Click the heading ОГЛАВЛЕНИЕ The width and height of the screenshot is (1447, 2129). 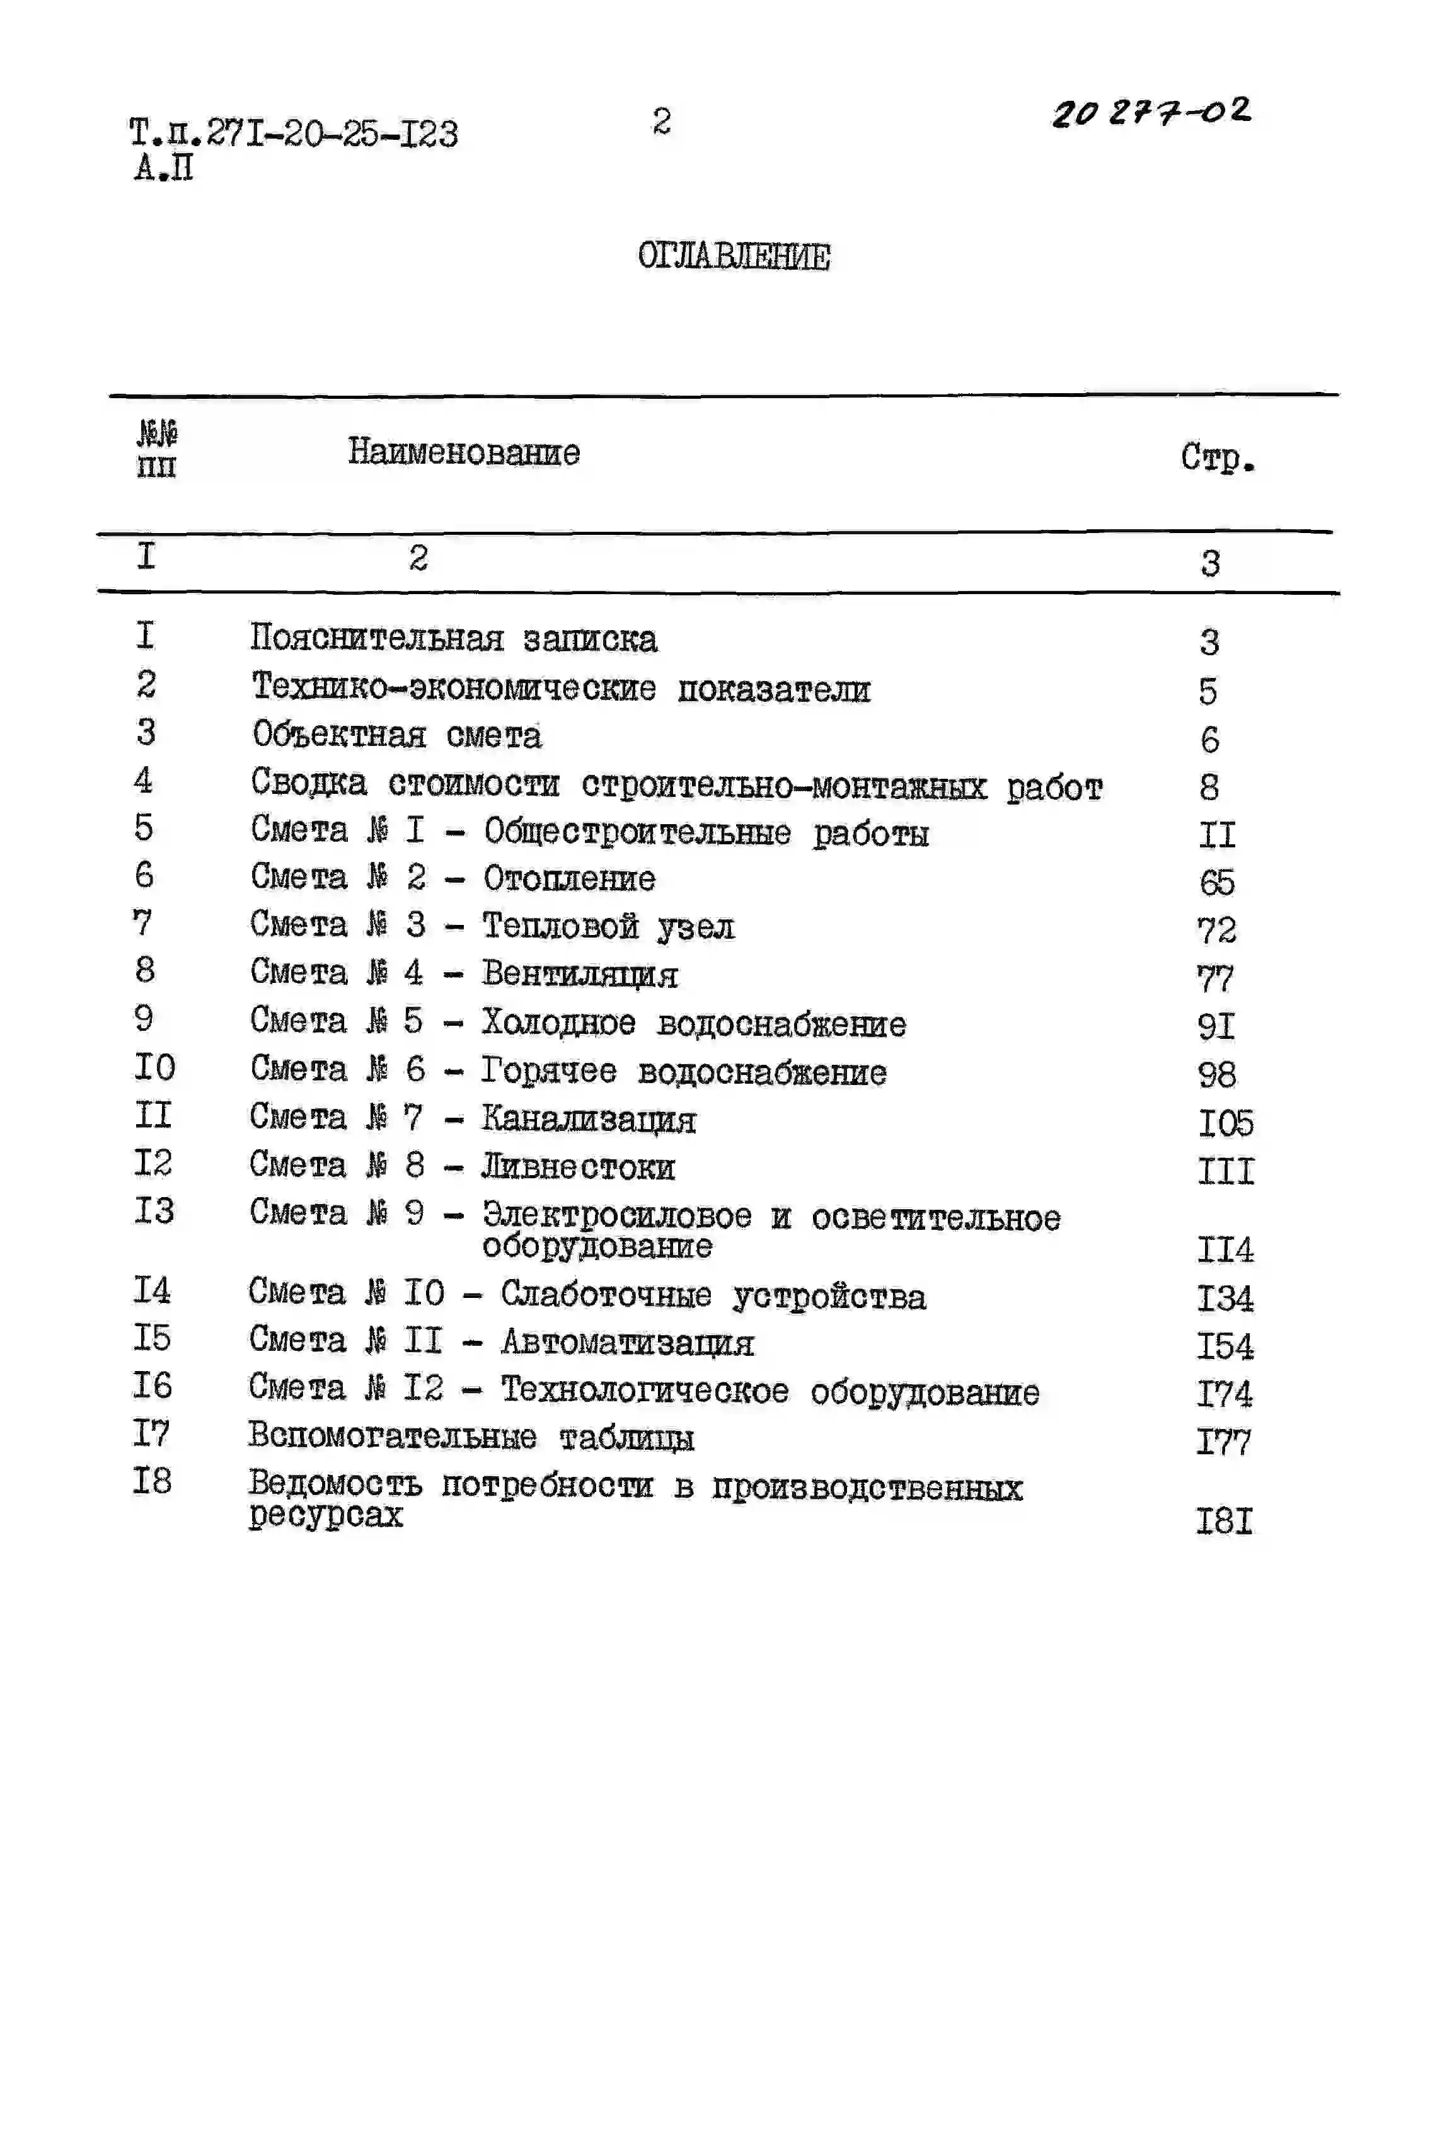coord(734,256)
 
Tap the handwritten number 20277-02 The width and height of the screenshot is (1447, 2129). coord(1151,113)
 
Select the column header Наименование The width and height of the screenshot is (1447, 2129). coord(464,452)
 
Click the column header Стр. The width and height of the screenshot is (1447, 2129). coord(1217,457)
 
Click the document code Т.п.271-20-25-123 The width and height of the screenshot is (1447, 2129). coord(293,134)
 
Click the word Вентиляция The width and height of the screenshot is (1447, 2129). coord(580,974)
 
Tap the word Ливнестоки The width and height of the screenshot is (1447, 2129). coord(579,1166)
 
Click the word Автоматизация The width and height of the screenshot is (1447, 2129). coord(628,1343)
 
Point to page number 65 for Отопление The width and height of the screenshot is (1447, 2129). coord(1217,883)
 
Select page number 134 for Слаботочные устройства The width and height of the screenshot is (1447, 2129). coord(1225,1298)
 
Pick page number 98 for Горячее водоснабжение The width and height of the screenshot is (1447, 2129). coord(1217,1074)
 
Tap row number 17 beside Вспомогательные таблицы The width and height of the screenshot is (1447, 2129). coord(152,1433)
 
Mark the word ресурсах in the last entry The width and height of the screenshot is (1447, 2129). coord(325,1515)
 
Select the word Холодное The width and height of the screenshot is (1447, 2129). coord(558,1023)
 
